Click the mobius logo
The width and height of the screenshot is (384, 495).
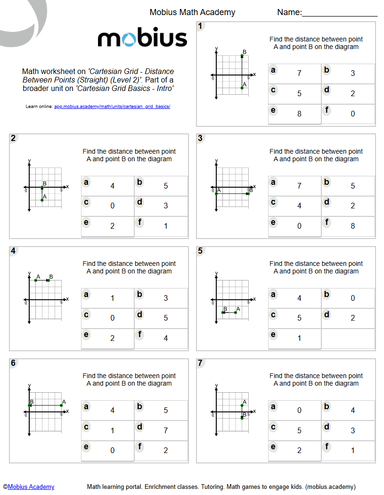(x=142, y=39)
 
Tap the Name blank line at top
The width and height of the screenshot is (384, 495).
(x=339, y=17)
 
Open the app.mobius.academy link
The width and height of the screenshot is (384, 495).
(x=112, y=107)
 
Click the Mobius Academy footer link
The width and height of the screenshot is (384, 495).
(x=31, y=487)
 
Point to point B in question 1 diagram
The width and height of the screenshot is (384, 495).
(x=242, y=56)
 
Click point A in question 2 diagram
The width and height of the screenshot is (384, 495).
(x=42, y=200)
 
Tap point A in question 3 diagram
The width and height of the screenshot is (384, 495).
(x=216, y=193)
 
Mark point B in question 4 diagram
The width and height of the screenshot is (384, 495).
(x=49, y=280)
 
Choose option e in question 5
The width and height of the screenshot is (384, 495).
(x=295, y=338)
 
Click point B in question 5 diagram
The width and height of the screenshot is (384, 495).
(x=223, y=312)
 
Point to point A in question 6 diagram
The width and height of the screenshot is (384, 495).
(x=61, y=405)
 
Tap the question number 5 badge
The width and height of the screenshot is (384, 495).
(x=201, y=251)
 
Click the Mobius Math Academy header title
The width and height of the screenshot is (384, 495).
(x=192, y=12)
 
